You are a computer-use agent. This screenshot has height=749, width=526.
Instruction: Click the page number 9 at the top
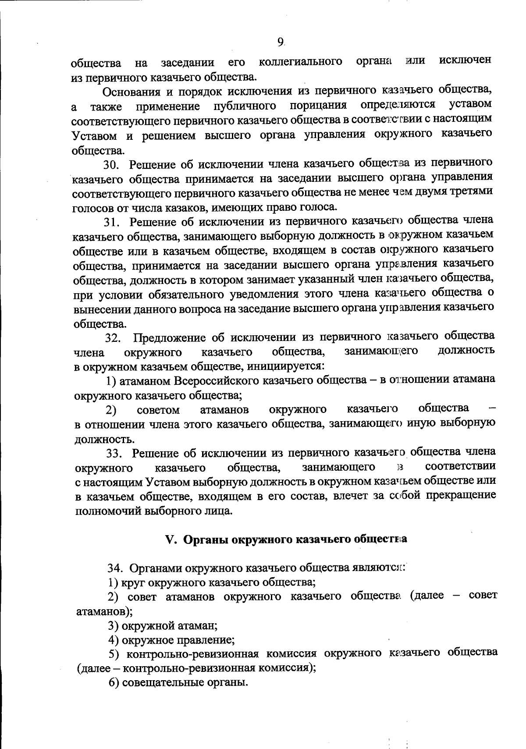click(x=281, y=42)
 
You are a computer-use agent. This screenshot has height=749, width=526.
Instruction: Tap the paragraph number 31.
click(x=112, y=222)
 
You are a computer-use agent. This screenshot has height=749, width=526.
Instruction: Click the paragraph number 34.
click(x=116, y=569)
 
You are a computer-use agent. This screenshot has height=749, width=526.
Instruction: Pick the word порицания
click(x=318, y=106)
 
